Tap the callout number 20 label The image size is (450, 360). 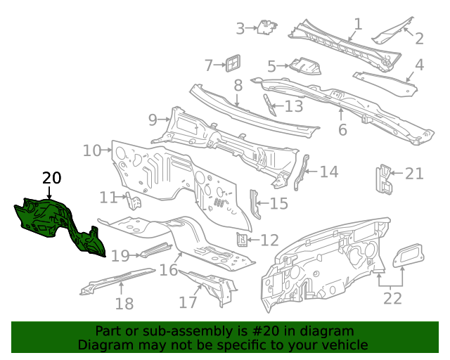(x=51, y=178)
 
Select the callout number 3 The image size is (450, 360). (x=240, y=29)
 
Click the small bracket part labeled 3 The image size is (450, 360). (x=266, y=27)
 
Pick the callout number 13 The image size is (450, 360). (x=293, y=106)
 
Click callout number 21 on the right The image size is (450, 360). (x=414, y=173)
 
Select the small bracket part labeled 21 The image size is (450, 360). (x=384, y=179)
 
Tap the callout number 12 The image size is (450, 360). (x=269, y=240)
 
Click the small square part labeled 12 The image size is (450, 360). (x=241, y=240)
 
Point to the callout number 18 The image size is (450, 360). (x=124, y=304)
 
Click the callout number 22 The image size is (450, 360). (x=392, y=298)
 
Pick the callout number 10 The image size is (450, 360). (x=92, y=150)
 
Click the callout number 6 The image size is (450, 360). (x=342, y=130)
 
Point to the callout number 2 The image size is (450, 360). (x=419, y=39)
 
